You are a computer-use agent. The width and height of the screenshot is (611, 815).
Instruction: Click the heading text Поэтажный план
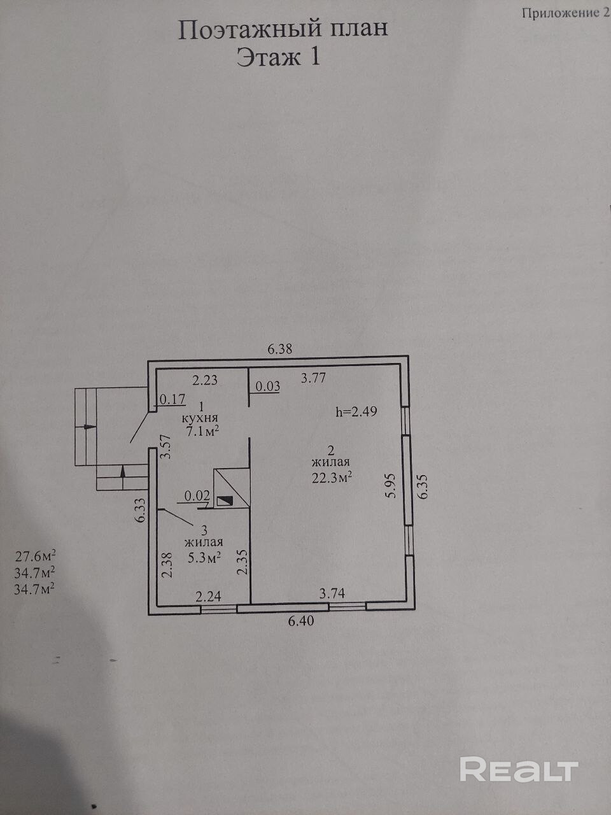tap(283, 29)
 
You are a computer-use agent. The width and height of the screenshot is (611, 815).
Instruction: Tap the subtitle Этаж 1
tap(278, 58)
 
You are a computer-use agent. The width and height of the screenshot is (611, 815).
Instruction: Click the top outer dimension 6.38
tap(280, 349)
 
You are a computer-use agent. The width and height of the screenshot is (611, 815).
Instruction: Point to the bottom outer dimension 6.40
tap(301, 621)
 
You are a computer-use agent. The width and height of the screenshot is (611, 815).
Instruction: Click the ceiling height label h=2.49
tap(356, 411)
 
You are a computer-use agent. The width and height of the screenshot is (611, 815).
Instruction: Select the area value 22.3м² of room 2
tap(332, 478)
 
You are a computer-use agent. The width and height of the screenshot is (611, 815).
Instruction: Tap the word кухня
tap(200, 418)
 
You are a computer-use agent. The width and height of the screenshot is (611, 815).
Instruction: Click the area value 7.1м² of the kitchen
tap(202, 431)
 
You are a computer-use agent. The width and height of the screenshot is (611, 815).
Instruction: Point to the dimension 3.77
tap(313, 378)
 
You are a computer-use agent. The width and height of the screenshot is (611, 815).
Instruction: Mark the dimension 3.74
tap(332, 593)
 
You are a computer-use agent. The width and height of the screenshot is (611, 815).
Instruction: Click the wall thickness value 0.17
tap(172, 399)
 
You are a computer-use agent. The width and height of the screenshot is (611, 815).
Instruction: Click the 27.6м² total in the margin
tap(35, 556)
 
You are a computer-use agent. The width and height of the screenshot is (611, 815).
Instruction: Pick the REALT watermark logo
tap(519, 769)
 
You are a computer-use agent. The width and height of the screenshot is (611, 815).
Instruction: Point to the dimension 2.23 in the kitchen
tap(205, 380)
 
